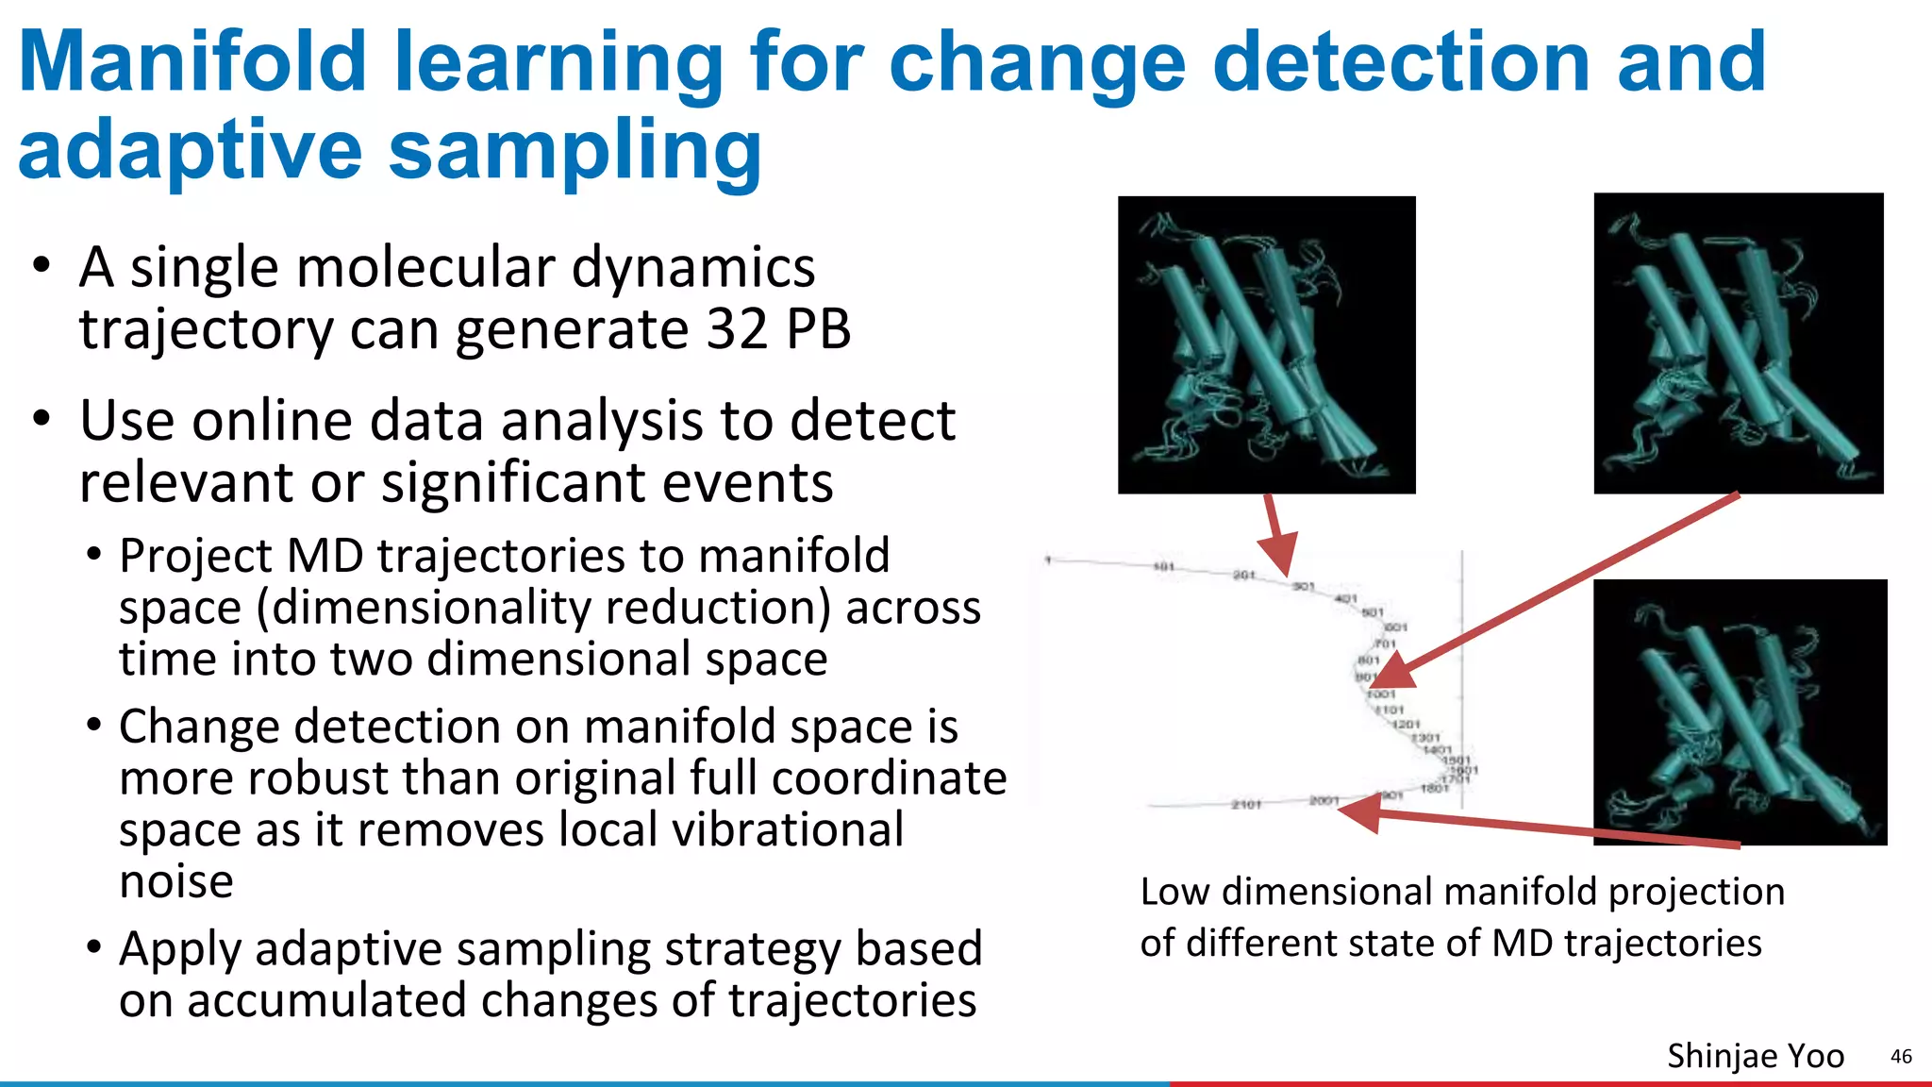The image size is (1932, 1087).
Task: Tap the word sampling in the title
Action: pyautogui.click(x=575, y=151)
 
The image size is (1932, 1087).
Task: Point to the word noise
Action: pyautogui.click(x=176, y=881)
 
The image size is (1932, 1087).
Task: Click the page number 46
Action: pyautogui.click(x=1901, y=1057)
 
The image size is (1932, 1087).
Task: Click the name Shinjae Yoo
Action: pyautogui.click(x=1755, y=1056)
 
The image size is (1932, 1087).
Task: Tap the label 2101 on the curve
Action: pyautogui.click(x=1246, y=805)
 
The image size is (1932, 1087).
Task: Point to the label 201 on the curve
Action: pyautogui.click(x=1244, y=575)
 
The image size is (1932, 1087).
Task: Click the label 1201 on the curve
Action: pyautogui.click(x=1406, y=724)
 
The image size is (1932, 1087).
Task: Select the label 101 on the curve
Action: pyautogui.click(x=1164, y=566)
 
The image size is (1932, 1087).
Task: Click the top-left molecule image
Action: pyautogui.click(x=1266, y=344)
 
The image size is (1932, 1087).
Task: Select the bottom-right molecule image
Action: pyautogui.click(x=1740, y=711)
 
